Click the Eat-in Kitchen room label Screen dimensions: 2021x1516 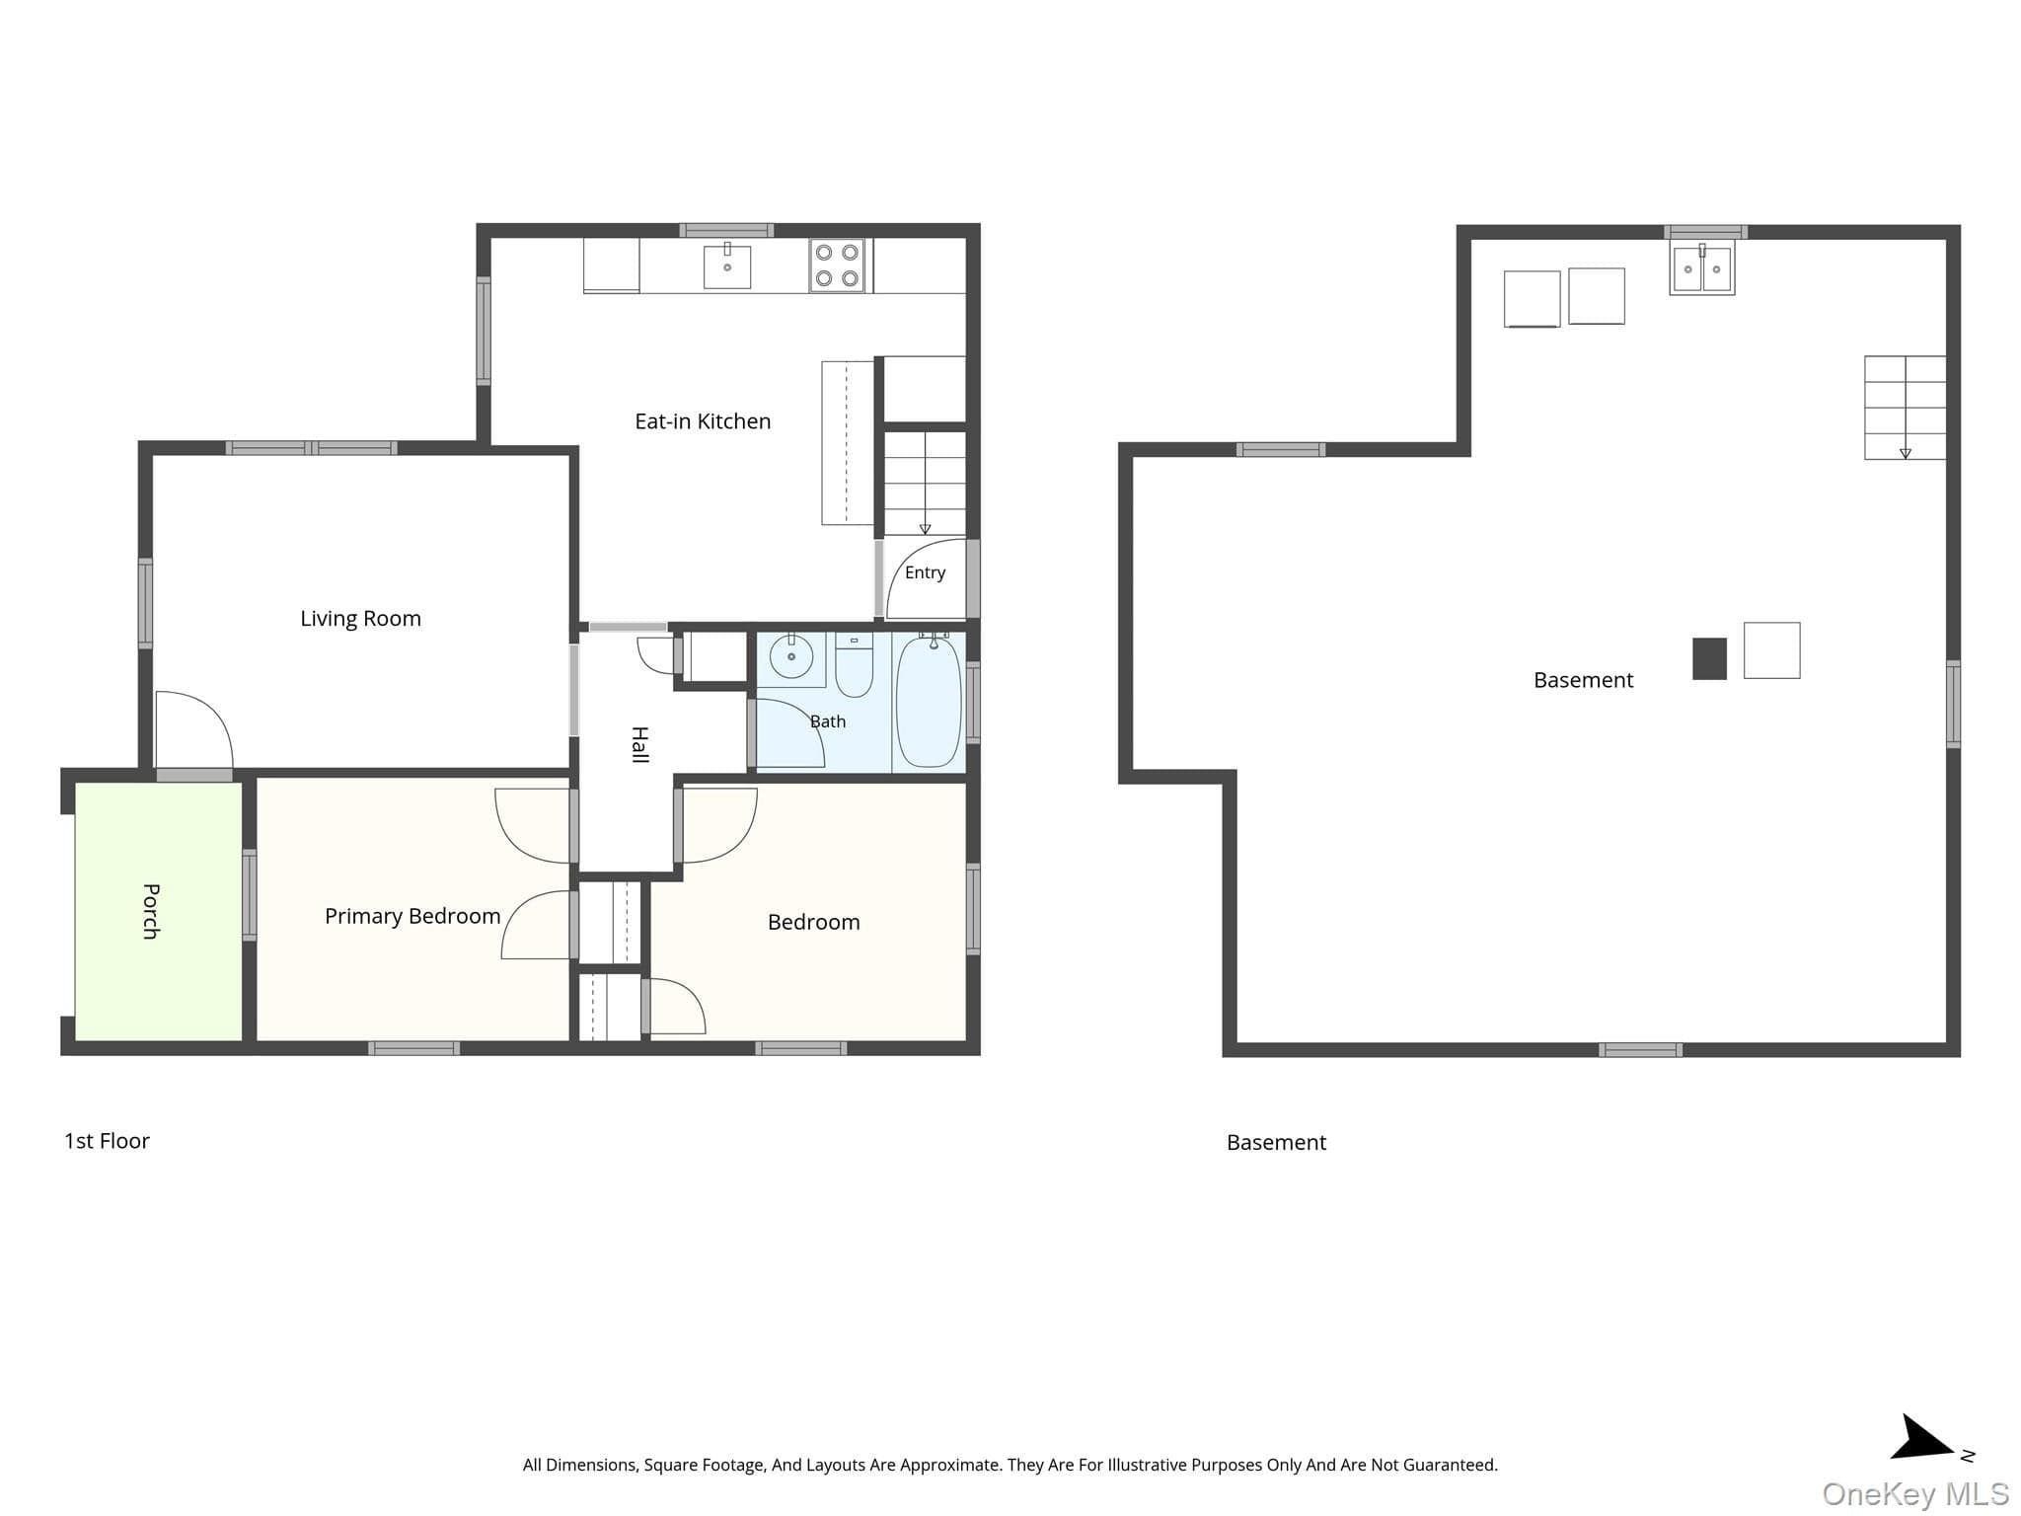pyautogui.click(x=703, y=421)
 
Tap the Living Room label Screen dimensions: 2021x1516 pyautogui.click(x=360, y=619)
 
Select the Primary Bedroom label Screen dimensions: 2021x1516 pyautogui.click(x=412, y=917)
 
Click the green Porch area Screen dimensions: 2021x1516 pyautogui.click(x=159, y=911)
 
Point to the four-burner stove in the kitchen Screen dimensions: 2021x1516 pyautogui.click(x=837, y=265)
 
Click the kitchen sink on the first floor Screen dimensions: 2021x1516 pyautogui.click(x=727, y=266)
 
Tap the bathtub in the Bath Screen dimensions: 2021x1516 pyautogui.click(x=928, y=702)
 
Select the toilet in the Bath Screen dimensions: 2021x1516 pyautogui.click(x=854, y=665)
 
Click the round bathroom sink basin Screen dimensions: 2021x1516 pyautogui.click(x=791, y=656)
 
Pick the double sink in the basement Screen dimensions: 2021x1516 pyautogui.click(x=1702, y=267)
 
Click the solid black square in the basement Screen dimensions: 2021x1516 pyautogui.click(x=1710, y=659)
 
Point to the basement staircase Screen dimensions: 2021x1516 pyautogui.click(x=1905, y=408)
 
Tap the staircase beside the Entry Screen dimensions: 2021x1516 pyautogui.click(x=925, y=484)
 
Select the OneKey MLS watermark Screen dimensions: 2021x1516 pyautogui.click(x=1915, y=1494)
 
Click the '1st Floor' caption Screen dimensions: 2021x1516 pyautogui.click(x=107, y=1141)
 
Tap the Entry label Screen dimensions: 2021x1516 pyautogui.click(x=925, y=572)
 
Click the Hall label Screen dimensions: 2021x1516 pyautogui.click(x=639, y=744)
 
